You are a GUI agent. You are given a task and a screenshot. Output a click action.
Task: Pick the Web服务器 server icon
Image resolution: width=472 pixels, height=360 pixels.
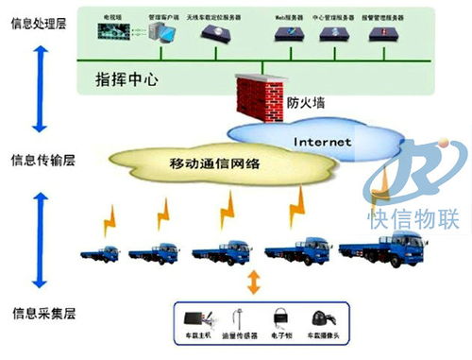[288, 35]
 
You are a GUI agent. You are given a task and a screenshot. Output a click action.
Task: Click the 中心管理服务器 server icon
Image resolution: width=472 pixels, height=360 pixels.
[332, 35]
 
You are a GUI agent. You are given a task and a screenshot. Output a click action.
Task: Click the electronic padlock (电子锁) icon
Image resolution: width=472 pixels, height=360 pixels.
[279, 317]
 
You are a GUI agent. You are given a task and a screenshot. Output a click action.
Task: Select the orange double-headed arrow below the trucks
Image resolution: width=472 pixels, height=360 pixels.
[252, 282]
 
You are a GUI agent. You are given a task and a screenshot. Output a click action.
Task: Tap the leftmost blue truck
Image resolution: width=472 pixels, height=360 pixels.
[99, 253]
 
